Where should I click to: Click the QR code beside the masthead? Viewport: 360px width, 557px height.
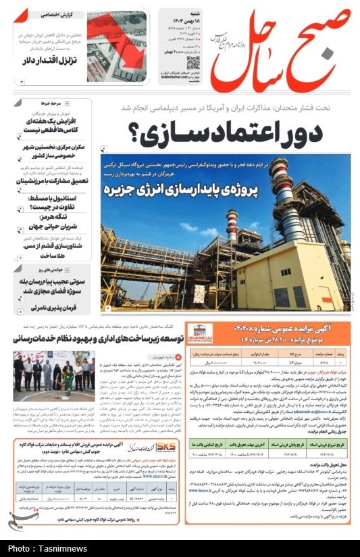[193, 65]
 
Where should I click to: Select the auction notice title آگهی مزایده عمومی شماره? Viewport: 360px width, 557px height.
[270, 329]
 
